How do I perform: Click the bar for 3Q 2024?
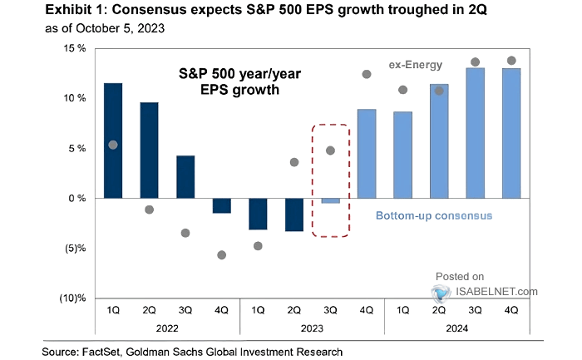tap(475, 133)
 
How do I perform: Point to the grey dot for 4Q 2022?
tap(222, 255)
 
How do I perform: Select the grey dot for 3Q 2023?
tap(330, 150)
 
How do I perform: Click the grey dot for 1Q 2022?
tap(113, 145)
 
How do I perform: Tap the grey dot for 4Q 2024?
tap(511, 61)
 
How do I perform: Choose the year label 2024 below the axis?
tap(456, 329)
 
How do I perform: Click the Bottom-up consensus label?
tap(434, 216)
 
